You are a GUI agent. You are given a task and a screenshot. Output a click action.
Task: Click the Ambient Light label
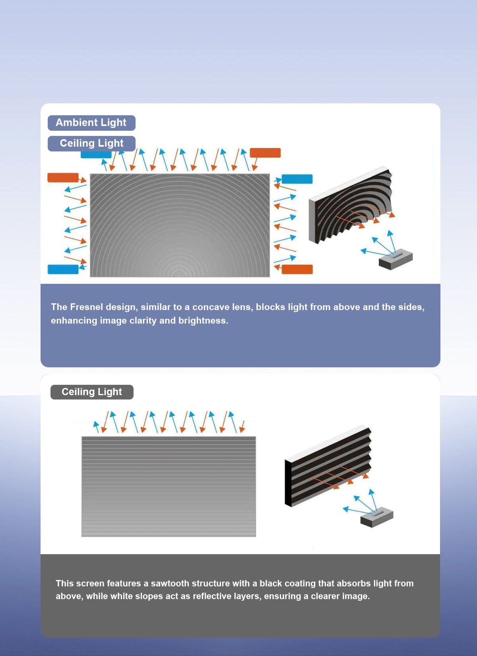[x=91, y=123]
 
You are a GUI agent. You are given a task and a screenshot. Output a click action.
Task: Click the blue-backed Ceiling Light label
[x=91, y=144]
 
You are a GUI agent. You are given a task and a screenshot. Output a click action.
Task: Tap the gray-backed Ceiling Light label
[x=92, y=392]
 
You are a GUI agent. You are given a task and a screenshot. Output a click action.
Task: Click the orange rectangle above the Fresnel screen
[x=265, y=153]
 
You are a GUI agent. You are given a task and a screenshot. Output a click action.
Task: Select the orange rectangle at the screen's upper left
[x=63, y=177]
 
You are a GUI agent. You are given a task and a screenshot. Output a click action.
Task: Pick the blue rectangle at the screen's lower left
[x=63, y=269]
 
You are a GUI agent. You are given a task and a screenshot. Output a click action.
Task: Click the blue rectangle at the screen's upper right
[x=297, y=179]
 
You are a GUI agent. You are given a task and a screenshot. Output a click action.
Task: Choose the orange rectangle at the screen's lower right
[x=297, y=269]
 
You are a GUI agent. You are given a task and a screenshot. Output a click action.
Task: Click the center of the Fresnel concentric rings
[x=179, y=275]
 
